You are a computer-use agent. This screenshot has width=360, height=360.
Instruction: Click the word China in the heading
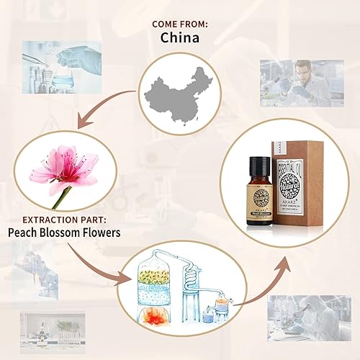pos(179,37)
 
